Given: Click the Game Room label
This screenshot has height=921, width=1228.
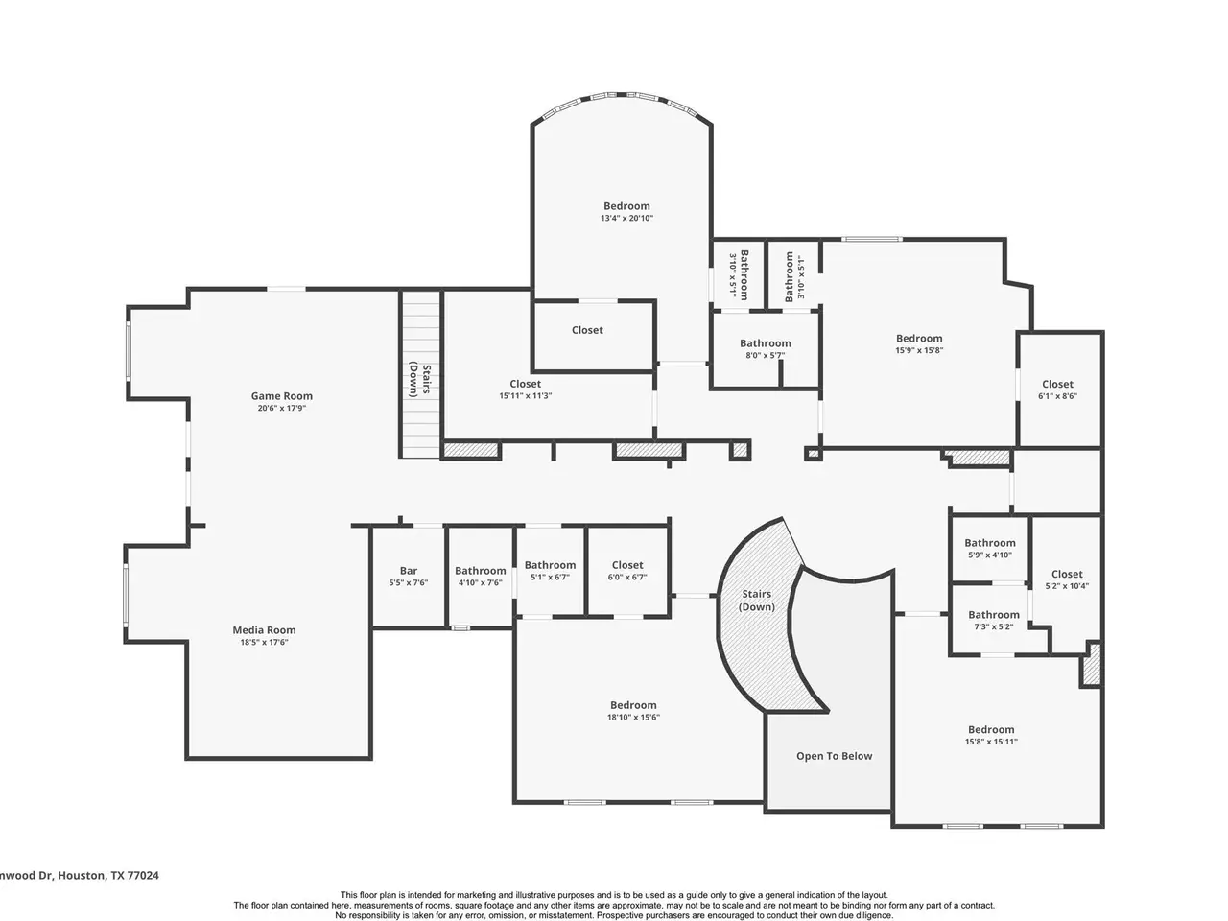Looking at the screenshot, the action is [x=281, y=396].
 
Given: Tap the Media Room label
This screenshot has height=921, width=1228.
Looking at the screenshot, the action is [x=264, y=630].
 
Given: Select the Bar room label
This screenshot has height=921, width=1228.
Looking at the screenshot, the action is [x=409, y=571].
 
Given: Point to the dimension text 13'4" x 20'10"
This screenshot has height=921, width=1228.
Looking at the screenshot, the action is [x=626, y=218].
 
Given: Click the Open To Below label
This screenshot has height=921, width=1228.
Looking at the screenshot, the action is [x=834, y=756].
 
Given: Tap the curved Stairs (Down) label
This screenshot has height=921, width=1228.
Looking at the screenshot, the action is [x=756, y=600].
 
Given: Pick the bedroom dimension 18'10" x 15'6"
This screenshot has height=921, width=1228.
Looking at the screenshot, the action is [x=633, y=717].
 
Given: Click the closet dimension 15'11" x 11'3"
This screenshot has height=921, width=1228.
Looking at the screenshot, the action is [x=526, y=396].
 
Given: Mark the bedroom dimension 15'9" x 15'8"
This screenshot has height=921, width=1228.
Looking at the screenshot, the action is [x=919, y=350].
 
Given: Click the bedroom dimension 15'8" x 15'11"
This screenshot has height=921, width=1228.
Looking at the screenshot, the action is [x=991, y=742].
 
